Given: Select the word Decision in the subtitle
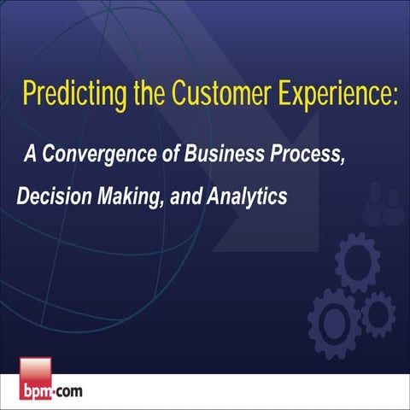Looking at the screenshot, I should point(50,196).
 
